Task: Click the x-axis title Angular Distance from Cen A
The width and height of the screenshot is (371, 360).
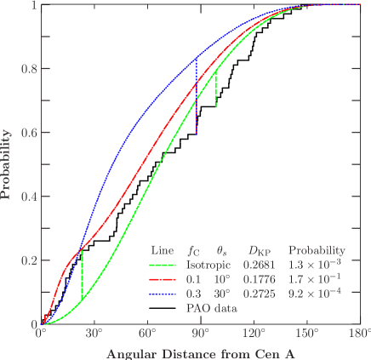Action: click(x=202, y=351)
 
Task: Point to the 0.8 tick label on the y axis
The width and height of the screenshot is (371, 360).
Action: click(x=28, y=69)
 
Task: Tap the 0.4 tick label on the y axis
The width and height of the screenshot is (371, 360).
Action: click(x=28, y=197)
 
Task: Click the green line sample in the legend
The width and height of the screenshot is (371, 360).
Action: click(x=162, y=265)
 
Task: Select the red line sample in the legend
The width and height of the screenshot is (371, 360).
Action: click(x=162, y=278)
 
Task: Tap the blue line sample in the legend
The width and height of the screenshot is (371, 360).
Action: click(x=162, y=292)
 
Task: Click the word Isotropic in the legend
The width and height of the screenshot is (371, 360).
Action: click(x=203, y=265)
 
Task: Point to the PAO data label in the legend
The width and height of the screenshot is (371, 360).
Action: click(x=207, y=306)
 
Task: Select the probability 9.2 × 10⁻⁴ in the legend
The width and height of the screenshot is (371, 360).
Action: click(x=317, y=292)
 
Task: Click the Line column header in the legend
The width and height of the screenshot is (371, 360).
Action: click(x=162, y=251)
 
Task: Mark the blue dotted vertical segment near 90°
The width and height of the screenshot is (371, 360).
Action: click(x=197, y=106)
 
